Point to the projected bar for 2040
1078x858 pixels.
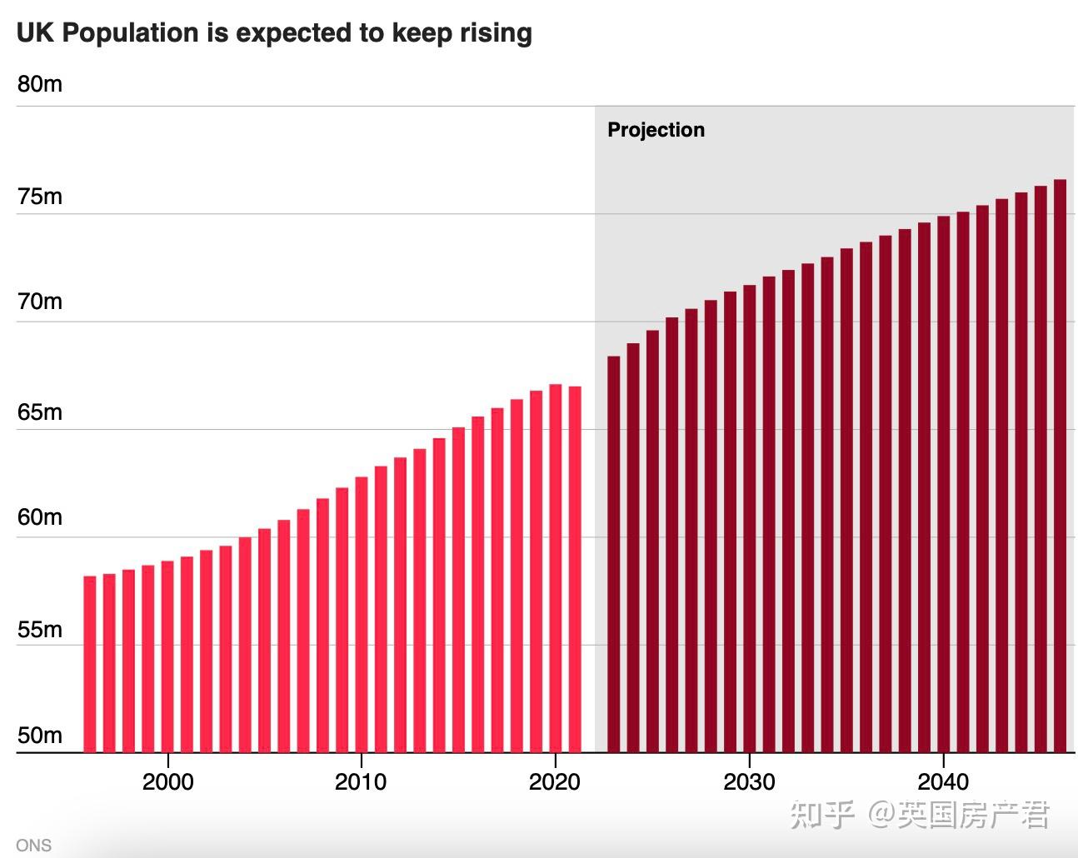(x=943, y=484)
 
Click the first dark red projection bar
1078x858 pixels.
(x=613, y=554)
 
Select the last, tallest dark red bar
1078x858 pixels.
(x=1060, y=466)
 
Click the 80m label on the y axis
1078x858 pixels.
(x=39, y=85)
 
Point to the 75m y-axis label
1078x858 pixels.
(x=39, y=197)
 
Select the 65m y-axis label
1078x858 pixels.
(x=39, y=412)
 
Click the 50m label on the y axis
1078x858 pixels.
(x=39, y=736)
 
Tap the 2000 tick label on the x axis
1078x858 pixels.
(x=167, y=782)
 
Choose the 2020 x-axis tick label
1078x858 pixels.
(x=555, y=782)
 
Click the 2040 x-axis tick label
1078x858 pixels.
(x=943, y=782)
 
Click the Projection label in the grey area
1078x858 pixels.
(x=656, y=130)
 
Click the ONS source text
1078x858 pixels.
(x=33, y=846)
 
